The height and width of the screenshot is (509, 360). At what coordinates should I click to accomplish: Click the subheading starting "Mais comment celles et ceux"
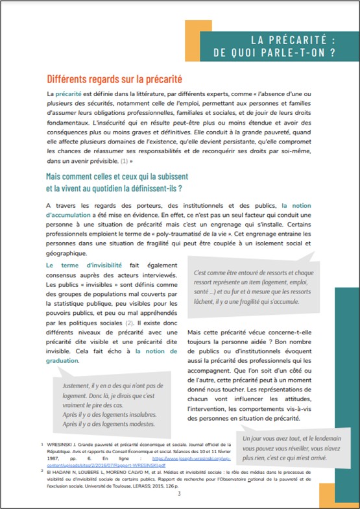tap(113, 177)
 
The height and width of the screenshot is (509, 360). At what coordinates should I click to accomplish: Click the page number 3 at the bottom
tap(180, 494)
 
